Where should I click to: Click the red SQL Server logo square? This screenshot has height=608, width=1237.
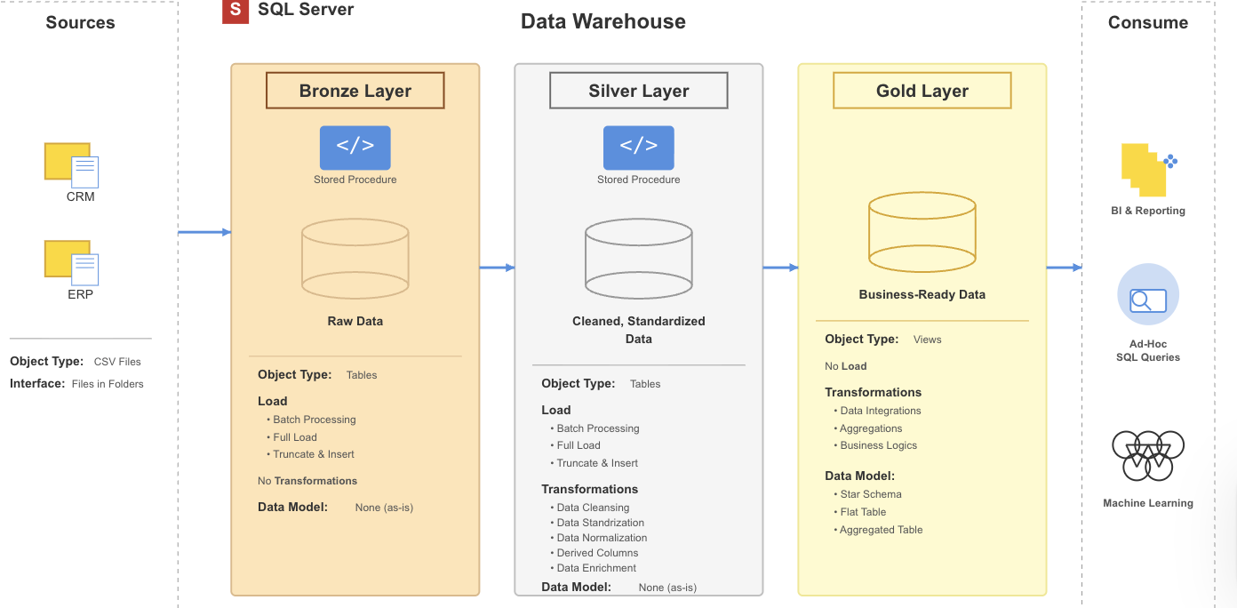pos(235,11)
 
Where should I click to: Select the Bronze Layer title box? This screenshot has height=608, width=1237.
pos(355,91)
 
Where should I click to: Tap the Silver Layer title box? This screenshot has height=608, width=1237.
pos(638,91)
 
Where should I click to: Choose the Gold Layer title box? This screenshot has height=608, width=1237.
pos(922,91)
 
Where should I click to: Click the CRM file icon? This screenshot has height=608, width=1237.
pos(72,164)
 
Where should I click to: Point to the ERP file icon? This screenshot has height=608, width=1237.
pos(72,262)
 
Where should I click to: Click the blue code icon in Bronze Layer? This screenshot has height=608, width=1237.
pos(355,148)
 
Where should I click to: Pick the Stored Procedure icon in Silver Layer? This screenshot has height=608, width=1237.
pos(638,148)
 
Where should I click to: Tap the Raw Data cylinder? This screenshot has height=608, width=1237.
pos(355,259)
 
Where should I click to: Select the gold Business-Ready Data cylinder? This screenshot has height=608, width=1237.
pos(922,232)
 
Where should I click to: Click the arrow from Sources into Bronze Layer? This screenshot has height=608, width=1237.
pos(204,233)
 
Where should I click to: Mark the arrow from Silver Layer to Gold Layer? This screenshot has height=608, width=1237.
pos(780,268)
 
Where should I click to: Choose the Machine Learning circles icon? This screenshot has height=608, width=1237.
pos(1147,455)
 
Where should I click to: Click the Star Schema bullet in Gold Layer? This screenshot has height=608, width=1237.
pos(870,494)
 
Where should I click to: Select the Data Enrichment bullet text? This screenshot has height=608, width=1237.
pos(596,568)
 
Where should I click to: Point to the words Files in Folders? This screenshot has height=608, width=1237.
pos(108,384)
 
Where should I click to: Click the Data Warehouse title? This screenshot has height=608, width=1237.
pos(603,22)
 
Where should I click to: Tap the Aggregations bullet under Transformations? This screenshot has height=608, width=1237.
pos(871,428)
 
